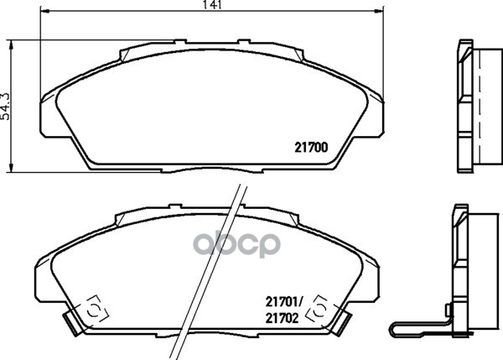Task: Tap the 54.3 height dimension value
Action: (6, 106)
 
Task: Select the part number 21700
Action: (310, 145)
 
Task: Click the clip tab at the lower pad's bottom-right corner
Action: (344, 320)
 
